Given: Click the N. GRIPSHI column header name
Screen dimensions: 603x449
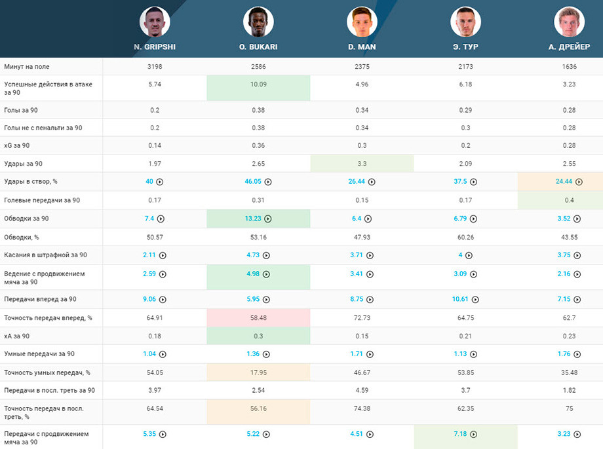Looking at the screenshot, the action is [155, 47].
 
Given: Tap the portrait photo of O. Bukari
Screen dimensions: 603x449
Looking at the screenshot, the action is [258, 22].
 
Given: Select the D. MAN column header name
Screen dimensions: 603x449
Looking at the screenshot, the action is [362, 47].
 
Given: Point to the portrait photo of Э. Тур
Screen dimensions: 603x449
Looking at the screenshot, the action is [465, 22].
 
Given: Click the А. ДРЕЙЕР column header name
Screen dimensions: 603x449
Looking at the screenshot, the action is [569, 47].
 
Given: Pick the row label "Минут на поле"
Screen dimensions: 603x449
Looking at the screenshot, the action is [26, 67].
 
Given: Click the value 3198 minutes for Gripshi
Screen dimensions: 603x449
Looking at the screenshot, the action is [155, 67].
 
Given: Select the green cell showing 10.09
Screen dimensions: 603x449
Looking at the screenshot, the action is [258, 88].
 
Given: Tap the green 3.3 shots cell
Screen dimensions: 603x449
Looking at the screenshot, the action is [362, 163].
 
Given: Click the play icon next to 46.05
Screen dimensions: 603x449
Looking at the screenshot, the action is [268, 182].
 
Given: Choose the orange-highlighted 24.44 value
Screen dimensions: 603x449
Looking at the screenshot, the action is [564, 181].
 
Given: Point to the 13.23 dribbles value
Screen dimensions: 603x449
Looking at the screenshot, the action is [252, 219].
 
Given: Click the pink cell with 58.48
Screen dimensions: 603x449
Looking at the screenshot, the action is [258, 317].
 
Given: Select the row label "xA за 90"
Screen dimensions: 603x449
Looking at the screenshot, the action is [17, 336].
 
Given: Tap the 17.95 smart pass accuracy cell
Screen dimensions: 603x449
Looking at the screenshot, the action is [258, 372].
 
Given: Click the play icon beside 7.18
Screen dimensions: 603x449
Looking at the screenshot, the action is [474, 435].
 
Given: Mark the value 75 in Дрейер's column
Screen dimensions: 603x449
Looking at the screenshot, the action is [569, 408].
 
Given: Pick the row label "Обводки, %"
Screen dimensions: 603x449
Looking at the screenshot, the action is [22, 237].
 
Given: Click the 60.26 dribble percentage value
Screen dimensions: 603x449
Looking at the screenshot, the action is [465, 237].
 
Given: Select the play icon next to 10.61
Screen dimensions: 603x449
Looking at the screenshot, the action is [475, 300].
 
